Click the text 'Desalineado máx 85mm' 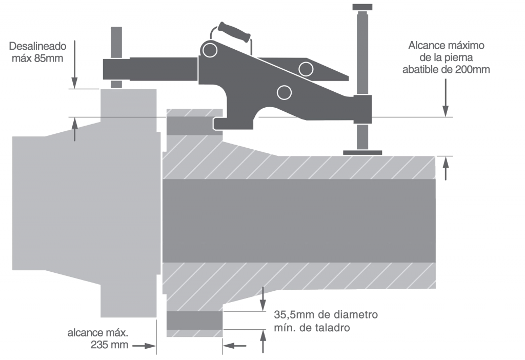36,51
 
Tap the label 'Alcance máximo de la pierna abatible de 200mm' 446,57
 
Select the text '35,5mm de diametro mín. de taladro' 326,321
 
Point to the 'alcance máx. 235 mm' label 98,338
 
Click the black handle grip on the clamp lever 233,31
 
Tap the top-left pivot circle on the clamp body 209,50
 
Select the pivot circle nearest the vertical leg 306,68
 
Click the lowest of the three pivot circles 284,92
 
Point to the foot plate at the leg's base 362,152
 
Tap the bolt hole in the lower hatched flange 195,321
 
